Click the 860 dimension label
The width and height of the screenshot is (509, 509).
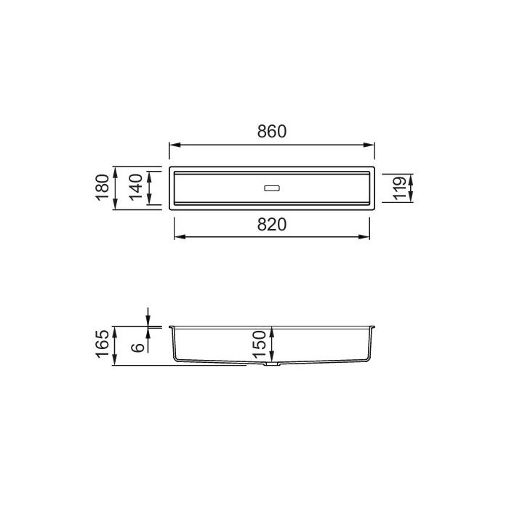tap(272, 132)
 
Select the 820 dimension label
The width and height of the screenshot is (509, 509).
tap(272, 224)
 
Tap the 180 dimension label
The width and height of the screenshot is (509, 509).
tap(103, 188)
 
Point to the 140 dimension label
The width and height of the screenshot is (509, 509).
tap(136, 188)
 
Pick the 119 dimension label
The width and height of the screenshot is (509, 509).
tap(399, 188)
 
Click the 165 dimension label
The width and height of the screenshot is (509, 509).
tap(103, 344)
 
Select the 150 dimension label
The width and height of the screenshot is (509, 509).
tap(260, 344)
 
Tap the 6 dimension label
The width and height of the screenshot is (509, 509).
tap(138, 347)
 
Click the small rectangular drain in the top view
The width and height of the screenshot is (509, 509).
tap(272, 188)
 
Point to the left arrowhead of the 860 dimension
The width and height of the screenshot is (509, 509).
tap(175, 145)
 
